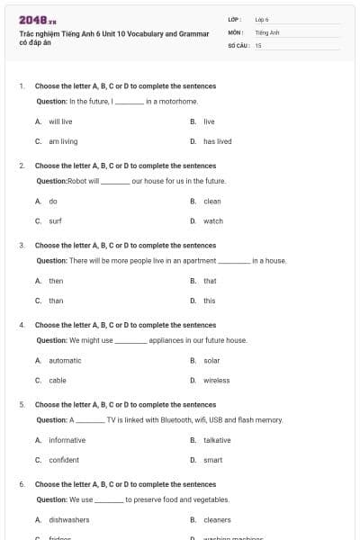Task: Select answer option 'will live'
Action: pos(60,121)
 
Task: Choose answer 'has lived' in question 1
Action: pos(217,141)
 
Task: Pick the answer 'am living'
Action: pos(63,141)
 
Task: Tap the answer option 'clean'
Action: pos(211,201)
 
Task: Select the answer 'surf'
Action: pos(55,220)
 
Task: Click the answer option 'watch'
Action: pos(212,220)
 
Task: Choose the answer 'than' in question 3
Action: pos(56,301)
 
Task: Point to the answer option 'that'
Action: pos(210,281)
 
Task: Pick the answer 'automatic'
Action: pos(65,360)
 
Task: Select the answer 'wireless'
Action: pos(216,381)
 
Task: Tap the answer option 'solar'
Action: pos(211,360)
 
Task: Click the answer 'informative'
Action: pos(67,440)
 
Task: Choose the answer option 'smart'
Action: pos(212,460)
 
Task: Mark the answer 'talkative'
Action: pos(217,440)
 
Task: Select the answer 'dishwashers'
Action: pos(69,519)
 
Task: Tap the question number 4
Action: pos(21,325)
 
